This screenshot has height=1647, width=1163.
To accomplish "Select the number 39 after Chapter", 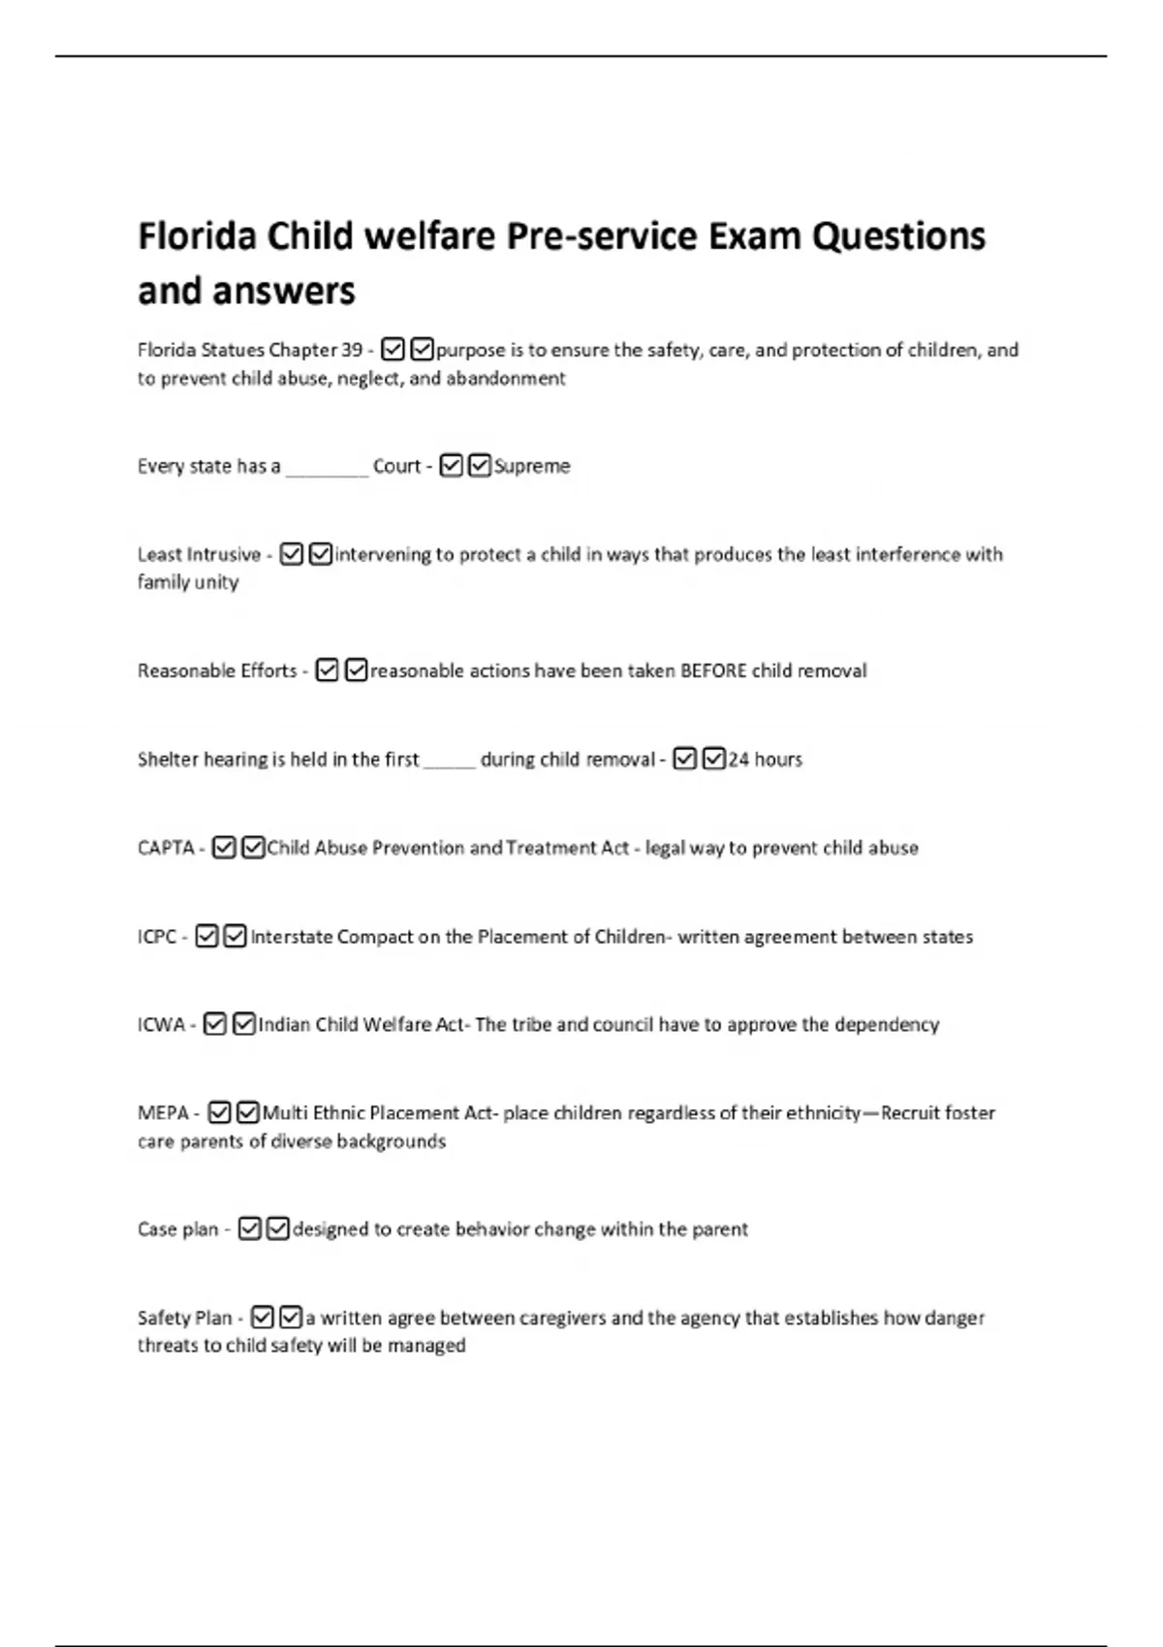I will tap(352, 350).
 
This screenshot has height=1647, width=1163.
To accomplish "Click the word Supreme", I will tap(532, 466).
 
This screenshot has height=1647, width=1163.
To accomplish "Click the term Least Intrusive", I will tap(199, 554).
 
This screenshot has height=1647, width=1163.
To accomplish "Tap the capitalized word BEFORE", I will tap(713, 670).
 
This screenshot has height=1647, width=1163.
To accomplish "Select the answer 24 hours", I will tap(766, 760).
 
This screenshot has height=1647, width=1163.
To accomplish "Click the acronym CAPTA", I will tap(166, 848).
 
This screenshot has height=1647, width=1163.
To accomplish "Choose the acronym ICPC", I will tap(157, 937).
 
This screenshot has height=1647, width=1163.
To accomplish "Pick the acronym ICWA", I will tap(161, 1025).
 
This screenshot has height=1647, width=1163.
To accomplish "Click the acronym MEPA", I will tap(163, 1113).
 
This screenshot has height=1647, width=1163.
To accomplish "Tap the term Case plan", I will tap(178, 1229).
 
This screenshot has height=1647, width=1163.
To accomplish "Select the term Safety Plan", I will tap(185, 1318).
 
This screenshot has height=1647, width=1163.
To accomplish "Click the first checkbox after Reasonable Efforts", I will tap(328, 670).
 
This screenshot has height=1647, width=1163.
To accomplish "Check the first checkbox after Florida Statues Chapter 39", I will tap(393, 349).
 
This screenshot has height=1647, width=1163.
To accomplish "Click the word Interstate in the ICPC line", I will tap(291, 937).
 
